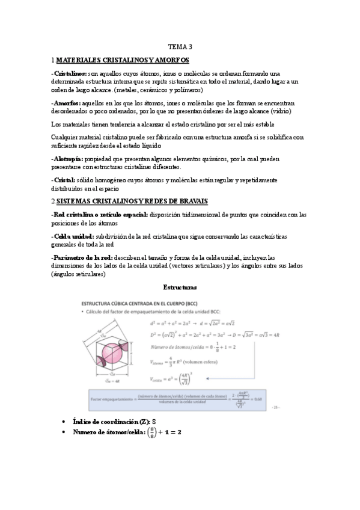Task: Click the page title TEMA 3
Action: (180, 46)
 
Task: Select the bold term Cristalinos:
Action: (69, 73)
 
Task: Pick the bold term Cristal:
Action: (63, 180)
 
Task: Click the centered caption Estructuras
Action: (180, 287)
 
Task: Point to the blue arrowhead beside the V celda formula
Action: (208, 378)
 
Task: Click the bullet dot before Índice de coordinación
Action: (64, 421)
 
